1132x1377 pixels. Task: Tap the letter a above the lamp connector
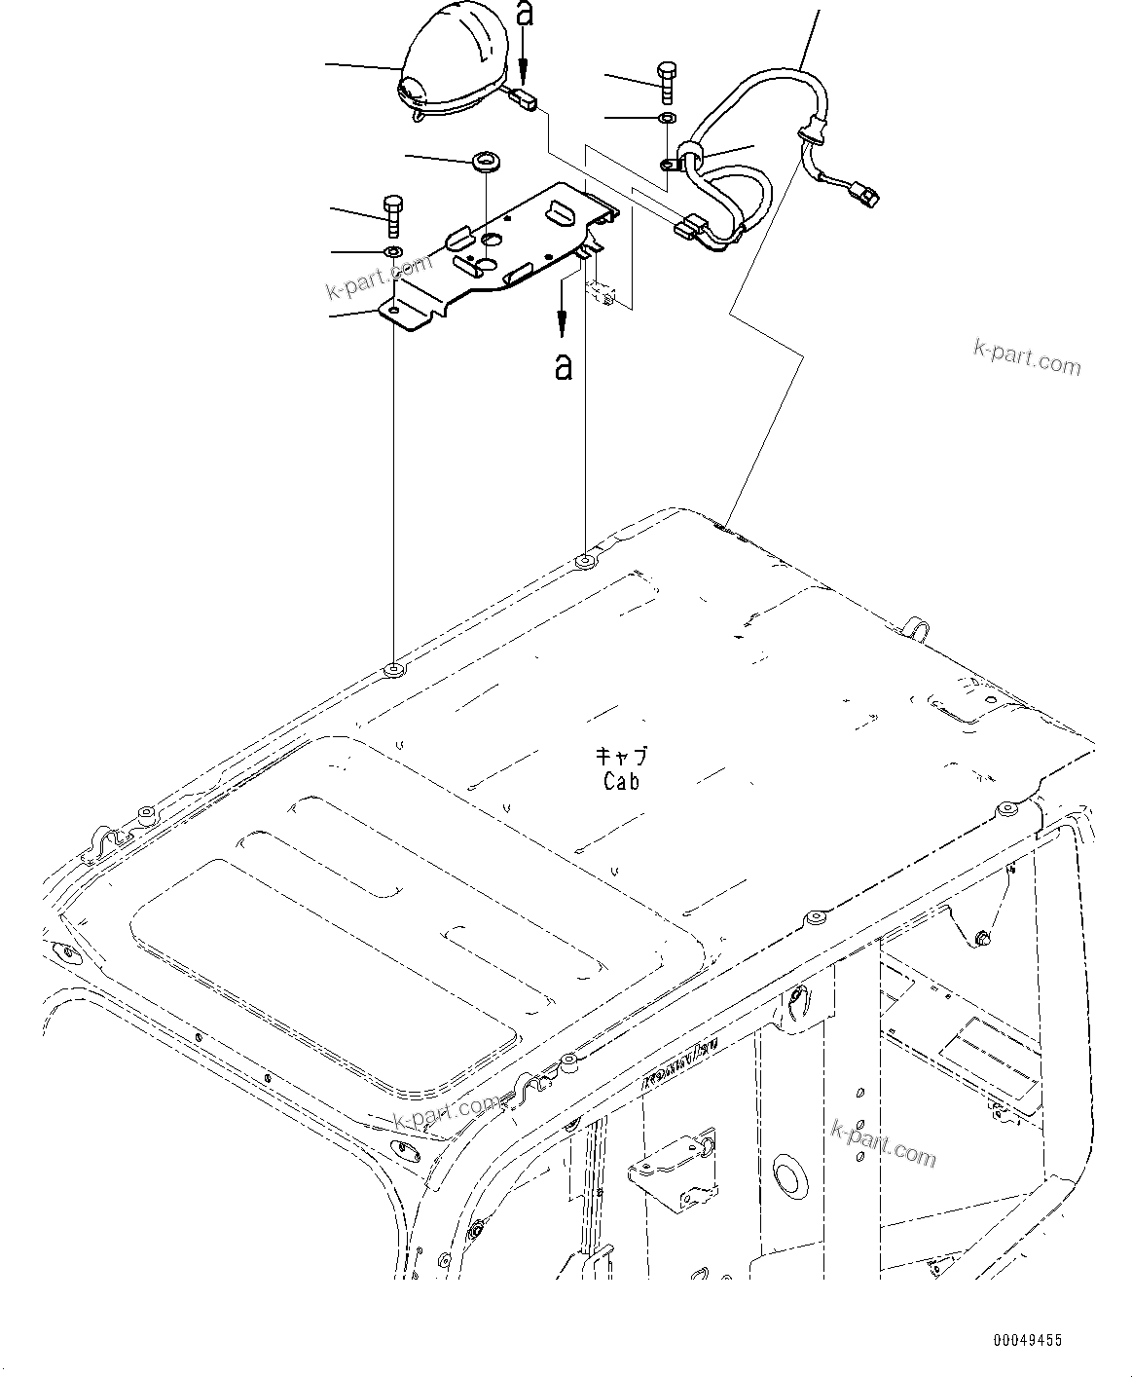pos(524,16)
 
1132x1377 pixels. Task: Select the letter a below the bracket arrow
pos(563,366)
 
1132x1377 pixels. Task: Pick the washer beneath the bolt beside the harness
pos(668,118)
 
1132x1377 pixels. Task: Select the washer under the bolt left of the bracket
pos(393,253)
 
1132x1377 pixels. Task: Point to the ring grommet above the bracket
pos(484,161)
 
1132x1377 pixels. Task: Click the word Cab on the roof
pos(621,780)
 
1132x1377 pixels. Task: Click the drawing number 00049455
pos(1028,1341)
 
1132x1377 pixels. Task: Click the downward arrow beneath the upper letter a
pos(524,58)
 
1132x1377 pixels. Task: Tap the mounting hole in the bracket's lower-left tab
pos(393,310)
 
